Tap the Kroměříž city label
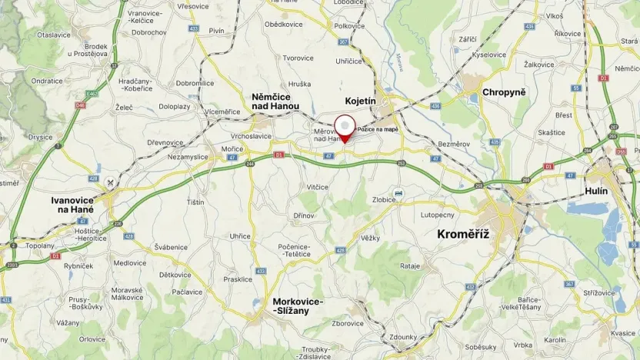(x=463, y=233)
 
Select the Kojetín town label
(x=360, y=101)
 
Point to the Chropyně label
(x=504, y=92)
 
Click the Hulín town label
(x=596, y=191)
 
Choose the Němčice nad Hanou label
(x=275, y=101)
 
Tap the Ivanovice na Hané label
(x=72, y=204)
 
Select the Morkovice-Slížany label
(x=298, y=305)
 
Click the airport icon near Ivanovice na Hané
(x=112, y=182)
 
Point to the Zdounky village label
(x=404, y=337)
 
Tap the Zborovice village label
(x=348, y=323)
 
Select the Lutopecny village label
(x=438, y=215)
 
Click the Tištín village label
(x=195, y=202)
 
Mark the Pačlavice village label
(x=187, y=292)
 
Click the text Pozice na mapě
(x=378, y=129)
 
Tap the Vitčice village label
(x=318, y=187)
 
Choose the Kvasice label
(x=623, y=333)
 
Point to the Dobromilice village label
(x=195, y=83)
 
